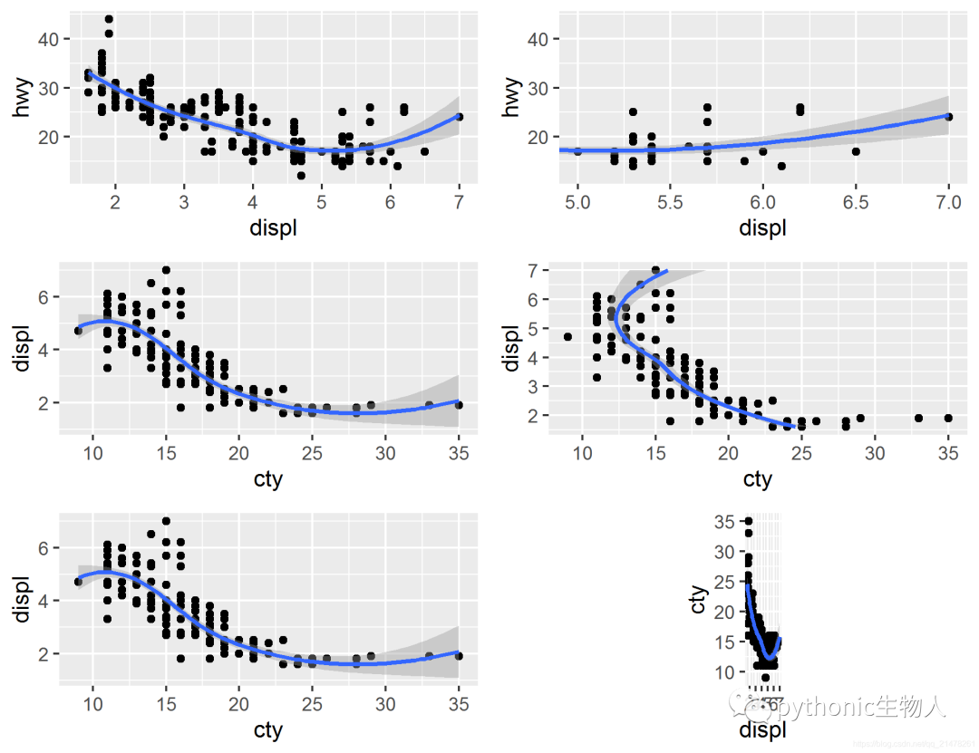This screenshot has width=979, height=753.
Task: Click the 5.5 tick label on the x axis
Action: [670, 202]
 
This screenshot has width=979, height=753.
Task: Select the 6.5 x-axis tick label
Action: [856, 202]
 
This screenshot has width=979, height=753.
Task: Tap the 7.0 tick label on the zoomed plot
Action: [948, 202]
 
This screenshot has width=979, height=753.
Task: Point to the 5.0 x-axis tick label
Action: [577, 202]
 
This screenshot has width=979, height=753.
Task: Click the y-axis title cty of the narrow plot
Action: [697, 600]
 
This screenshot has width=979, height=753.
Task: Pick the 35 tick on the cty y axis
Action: [723, 522]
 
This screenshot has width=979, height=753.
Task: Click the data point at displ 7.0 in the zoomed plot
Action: [948, 117]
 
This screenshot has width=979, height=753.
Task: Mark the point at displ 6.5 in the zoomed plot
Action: [856, 151]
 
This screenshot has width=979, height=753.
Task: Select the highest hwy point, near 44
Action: [109, 19]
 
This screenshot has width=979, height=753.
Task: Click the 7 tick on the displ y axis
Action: [535, 270]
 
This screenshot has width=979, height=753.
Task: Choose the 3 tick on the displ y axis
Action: [535, 386]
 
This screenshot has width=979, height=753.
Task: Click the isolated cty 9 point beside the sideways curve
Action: [567, 336]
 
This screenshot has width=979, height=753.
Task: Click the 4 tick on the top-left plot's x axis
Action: [253, 202]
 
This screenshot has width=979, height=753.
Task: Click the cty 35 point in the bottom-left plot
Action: [459, 656]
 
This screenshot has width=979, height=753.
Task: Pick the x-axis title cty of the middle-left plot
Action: [268, 478]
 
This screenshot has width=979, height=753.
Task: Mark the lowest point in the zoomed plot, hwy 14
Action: [781, 166]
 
